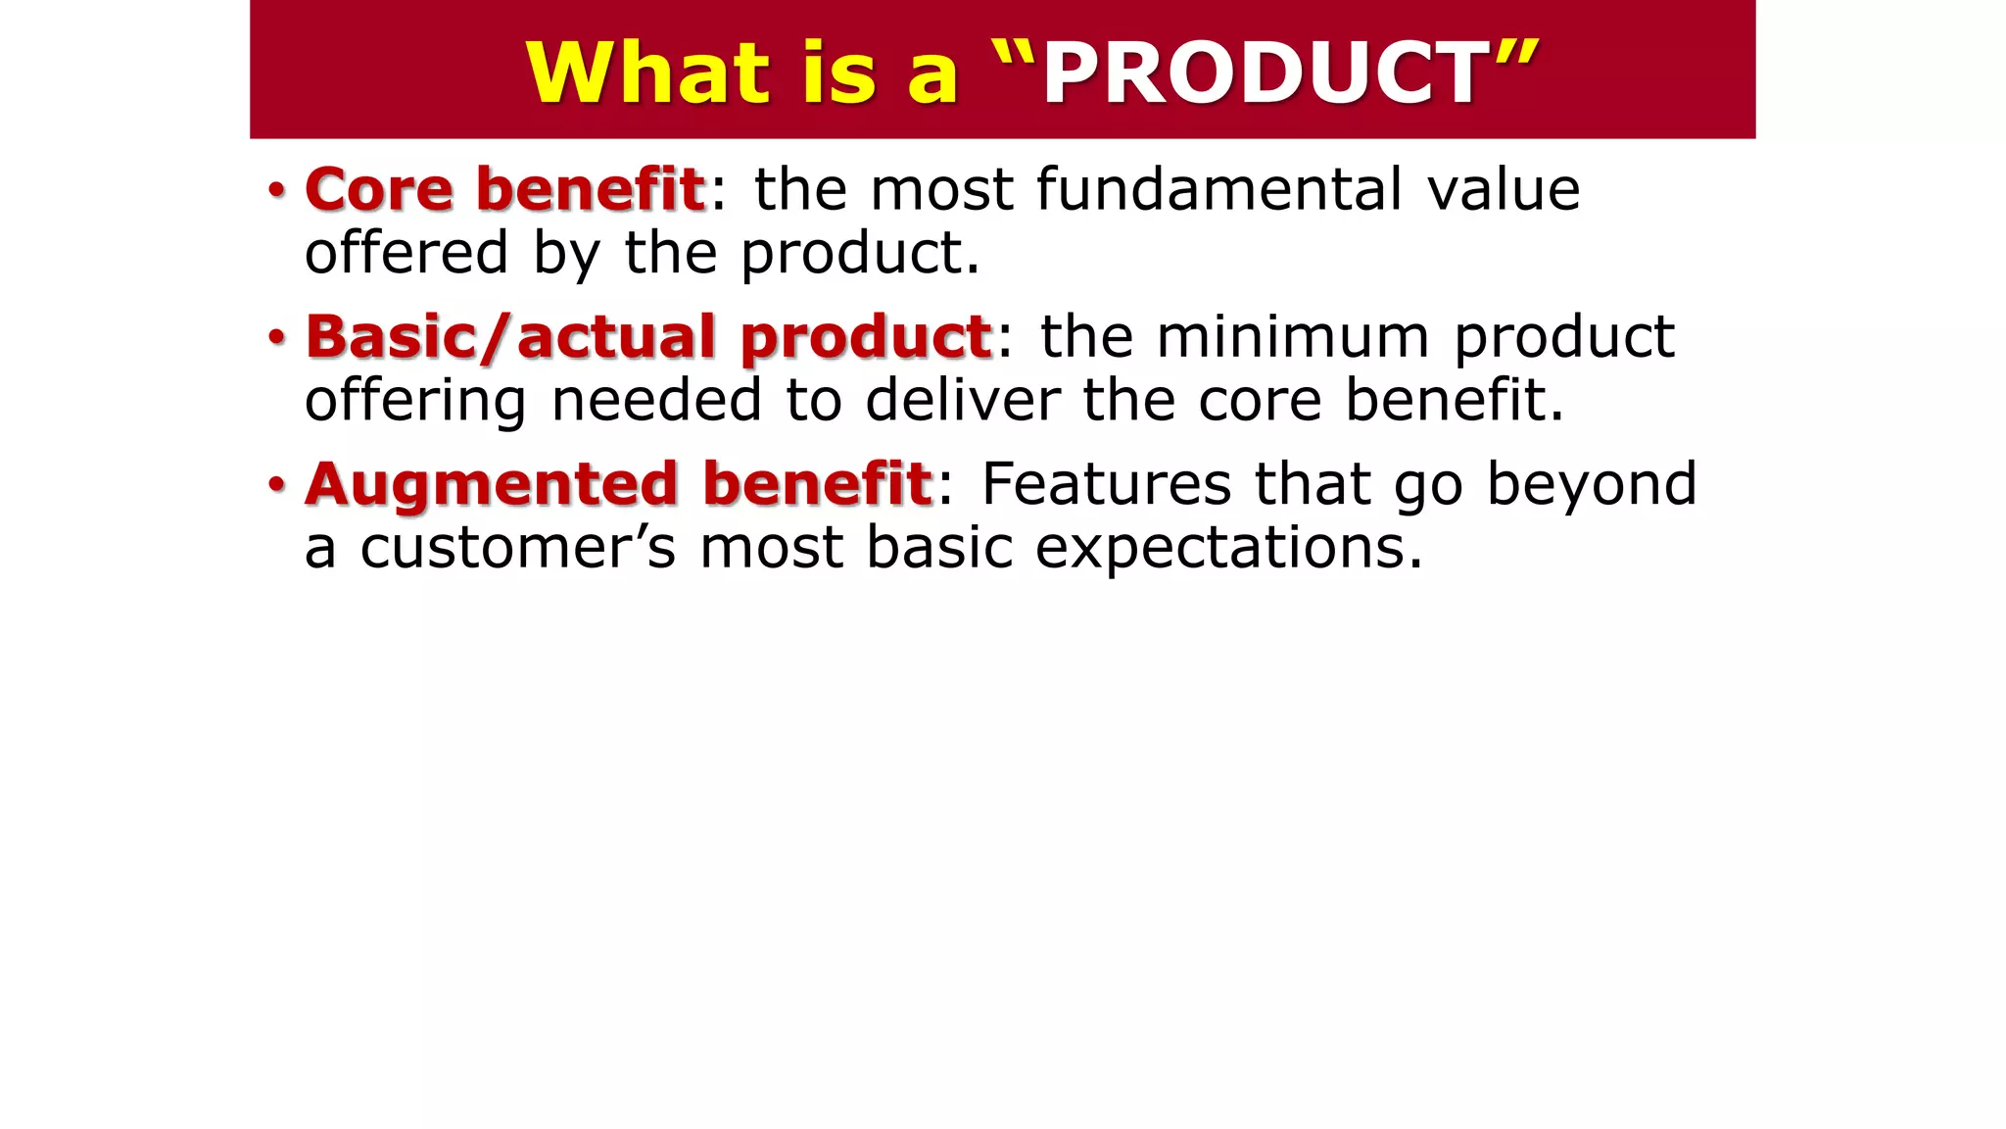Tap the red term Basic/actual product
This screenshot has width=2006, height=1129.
click(649, 336)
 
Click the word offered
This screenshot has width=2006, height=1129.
click(406, 253)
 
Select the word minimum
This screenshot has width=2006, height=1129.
click(1293, 336)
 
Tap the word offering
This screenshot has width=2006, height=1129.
click(415, 401)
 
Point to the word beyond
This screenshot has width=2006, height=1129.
click(1591, 484)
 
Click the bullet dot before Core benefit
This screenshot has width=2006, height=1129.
click(277, 189)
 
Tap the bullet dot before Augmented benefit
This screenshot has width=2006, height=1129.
click(277, 484)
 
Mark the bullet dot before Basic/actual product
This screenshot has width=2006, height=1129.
click(277, 337)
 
